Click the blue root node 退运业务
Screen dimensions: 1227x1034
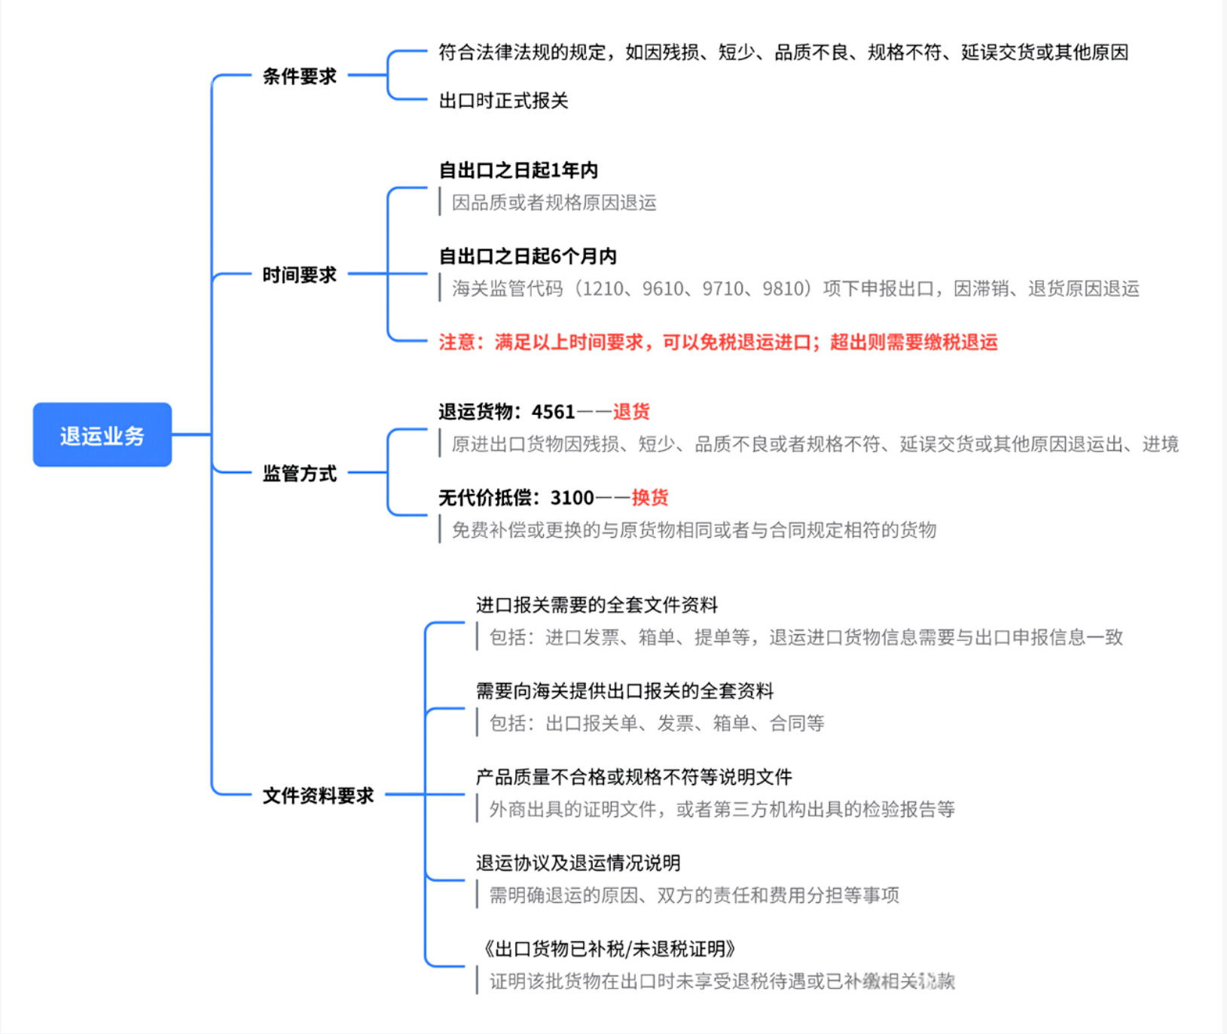[102, 435]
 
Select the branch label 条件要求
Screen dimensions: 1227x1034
[299, 76]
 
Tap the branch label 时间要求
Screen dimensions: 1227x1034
[299, 275]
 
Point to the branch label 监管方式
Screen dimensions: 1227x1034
[299, 474]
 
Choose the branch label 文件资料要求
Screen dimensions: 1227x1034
[318, 796]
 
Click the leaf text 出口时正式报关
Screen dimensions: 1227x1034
[503, 100]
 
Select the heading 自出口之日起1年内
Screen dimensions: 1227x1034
[518, 170]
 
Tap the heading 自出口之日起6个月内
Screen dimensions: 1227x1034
[527, 256]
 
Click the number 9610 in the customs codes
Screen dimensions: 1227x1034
[663, 288]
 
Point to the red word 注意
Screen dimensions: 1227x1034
[457, 342]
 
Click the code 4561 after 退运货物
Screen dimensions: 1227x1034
[553, 411]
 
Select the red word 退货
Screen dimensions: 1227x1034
[631, 411]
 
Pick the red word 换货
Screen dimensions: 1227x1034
[650, 497]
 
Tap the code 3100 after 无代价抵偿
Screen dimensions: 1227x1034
[572, 497]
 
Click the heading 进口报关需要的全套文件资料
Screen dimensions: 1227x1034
[597, 605]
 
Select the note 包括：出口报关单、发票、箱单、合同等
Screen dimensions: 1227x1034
[657, 723]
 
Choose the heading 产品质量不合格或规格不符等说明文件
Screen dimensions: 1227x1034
[633, 776]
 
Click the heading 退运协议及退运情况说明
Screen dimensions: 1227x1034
[578, 862]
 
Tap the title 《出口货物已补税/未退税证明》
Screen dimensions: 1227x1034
[608, 948]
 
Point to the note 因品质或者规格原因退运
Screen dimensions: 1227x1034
[554, 203]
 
